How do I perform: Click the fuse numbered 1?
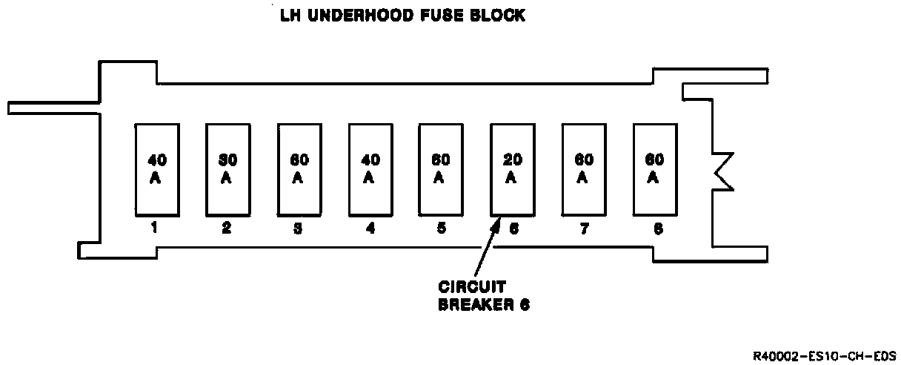pos(155,168)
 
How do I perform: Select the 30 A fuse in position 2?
pos(226,168)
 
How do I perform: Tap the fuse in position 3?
pos(298,168)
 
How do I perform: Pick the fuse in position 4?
pos(369,168)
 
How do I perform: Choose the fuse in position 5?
pos(439,168)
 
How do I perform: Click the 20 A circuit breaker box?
pos(511,168)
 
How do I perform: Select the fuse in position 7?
pos(582,168)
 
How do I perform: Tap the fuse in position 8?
pos(654,168)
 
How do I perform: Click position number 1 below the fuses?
pos(154,228)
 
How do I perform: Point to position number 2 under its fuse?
pos(226,228)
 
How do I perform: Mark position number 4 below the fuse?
pos(370,228)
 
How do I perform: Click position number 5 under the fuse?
pos(441,228)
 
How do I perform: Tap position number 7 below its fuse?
pos(584,228)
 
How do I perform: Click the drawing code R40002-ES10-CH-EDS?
pos(824,356)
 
